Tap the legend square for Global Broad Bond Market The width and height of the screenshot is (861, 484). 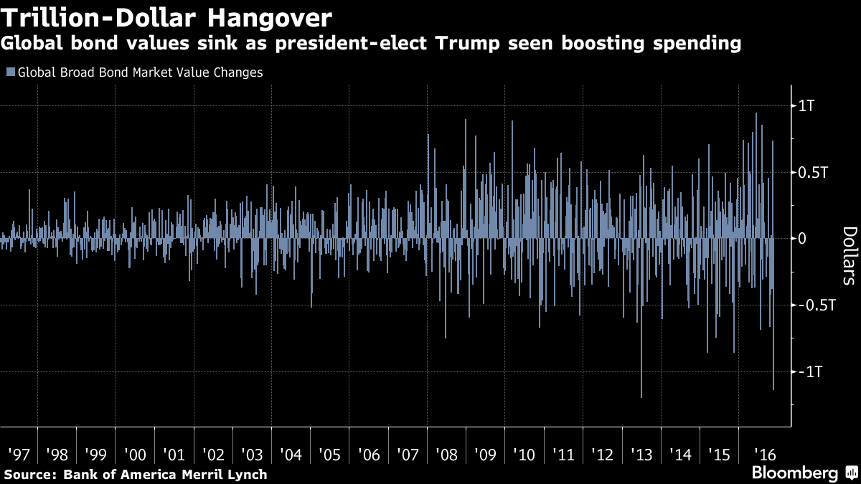tap(10, 72)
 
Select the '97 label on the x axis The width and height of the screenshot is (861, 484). tap(19, 455)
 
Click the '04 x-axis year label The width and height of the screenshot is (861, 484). tap(291, 455)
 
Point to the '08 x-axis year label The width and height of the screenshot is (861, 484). tap(447, 455)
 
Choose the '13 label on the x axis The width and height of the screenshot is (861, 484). tap(641, 455)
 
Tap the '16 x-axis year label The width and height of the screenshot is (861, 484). tap(758, 455)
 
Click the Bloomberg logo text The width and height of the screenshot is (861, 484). tap(794, 473)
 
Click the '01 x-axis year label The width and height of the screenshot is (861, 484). tap(174, 455)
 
